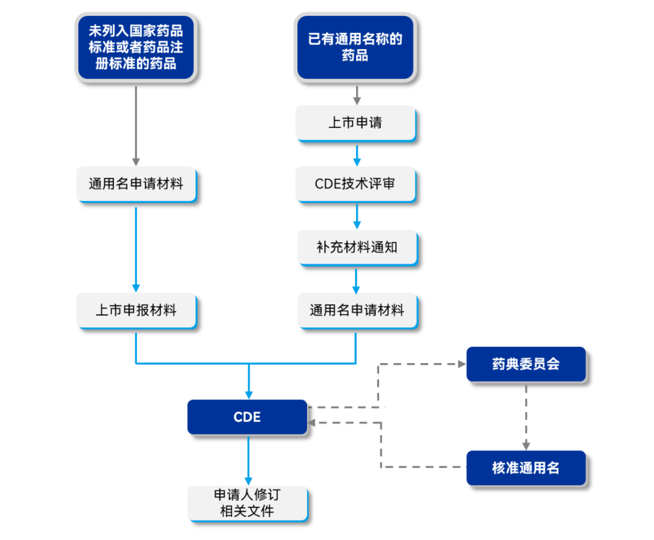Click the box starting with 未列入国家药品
pyautogui.click(x=136, y=47)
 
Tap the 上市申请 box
pyautogui.click(x=355, y=123)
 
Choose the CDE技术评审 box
pyautogui.click(x=355, y=184)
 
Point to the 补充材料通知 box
pyautogui.click(x=357, y=247)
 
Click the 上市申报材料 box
pyautogui.click(x=136, y=311)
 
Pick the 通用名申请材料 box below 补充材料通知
pyautogui.click(x=357, y=311)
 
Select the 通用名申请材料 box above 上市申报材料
pyautogui.click(x=136, y=184)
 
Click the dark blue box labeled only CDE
pyautogui.click(x=247, y=417)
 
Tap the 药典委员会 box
pyautogui.click(x=526, y=364)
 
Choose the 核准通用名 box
pyautogui.click(x=526, y=468)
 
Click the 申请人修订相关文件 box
pyautogui.click(x=247, y=503)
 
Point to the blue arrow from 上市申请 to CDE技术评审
pyautogui.click(x=357, y=155)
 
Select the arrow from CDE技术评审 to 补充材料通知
pyautogui.click(x=357, y=216)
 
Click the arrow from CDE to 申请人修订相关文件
pyautogui.click(x=248, y=459)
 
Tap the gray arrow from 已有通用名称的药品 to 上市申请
pyautogui.click(x=357, y=94)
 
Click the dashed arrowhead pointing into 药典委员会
pyautogui.click(x=461, y=364)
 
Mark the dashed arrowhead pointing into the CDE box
pyautogui.click(x=312, y=422)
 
